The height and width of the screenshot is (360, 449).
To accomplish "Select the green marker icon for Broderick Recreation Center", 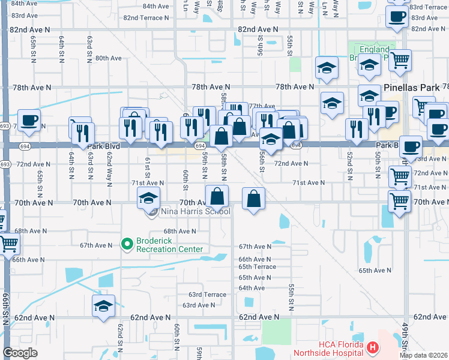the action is click(x=127, y=244).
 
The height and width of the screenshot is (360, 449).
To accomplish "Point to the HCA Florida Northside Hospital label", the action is click(x=328, y=349).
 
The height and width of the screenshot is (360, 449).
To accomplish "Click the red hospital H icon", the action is click(x=372, y=347).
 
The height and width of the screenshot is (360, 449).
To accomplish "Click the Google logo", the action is click(x=20, y=353).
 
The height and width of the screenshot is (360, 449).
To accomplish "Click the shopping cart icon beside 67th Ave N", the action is click(x=8, y=243).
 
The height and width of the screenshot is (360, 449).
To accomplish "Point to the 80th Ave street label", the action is click(x=108, y=58).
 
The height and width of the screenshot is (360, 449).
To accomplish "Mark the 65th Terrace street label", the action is click(x=257, y=266).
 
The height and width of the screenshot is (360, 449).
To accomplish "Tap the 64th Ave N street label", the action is click(x=252, y=288).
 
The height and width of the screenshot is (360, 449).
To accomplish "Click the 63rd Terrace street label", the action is click(x=207, y=295).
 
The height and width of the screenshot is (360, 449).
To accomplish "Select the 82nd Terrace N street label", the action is click(x=146, y=17).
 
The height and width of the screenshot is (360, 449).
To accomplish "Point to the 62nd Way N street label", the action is click(x=109, y=169).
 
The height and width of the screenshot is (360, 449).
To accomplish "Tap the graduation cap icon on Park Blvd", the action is click(x=271, y=139).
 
